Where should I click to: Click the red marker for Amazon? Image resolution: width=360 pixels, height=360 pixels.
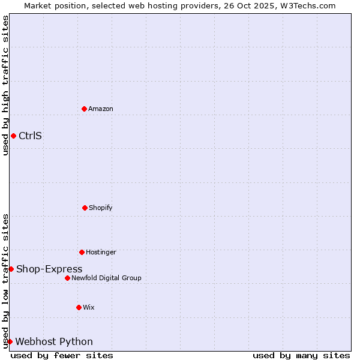84,109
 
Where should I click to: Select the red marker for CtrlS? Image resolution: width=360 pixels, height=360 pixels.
13,136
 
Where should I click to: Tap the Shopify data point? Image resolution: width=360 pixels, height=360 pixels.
85,208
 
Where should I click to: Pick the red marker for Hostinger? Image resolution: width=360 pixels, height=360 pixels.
82,252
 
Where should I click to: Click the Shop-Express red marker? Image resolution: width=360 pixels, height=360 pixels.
11,269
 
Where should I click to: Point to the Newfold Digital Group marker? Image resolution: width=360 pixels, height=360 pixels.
67,278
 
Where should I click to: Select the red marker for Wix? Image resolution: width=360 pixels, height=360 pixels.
79,307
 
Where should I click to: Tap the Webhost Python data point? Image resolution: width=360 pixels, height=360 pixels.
10,341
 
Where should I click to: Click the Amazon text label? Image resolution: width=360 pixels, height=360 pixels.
101,109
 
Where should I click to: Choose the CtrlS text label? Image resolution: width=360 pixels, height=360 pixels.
31,136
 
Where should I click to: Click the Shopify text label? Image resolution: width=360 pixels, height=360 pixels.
101,208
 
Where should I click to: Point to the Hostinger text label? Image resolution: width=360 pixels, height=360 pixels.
101,252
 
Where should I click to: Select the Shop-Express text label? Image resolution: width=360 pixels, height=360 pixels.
49,269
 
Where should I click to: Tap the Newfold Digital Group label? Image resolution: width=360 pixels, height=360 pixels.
106,278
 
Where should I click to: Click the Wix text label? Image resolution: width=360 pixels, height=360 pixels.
89,307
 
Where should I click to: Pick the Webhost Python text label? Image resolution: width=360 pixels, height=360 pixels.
54,341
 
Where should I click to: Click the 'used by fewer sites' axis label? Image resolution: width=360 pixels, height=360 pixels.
62,355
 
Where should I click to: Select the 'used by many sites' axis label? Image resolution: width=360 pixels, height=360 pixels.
301,355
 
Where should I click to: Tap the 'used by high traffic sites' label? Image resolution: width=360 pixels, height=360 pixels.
5,85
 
